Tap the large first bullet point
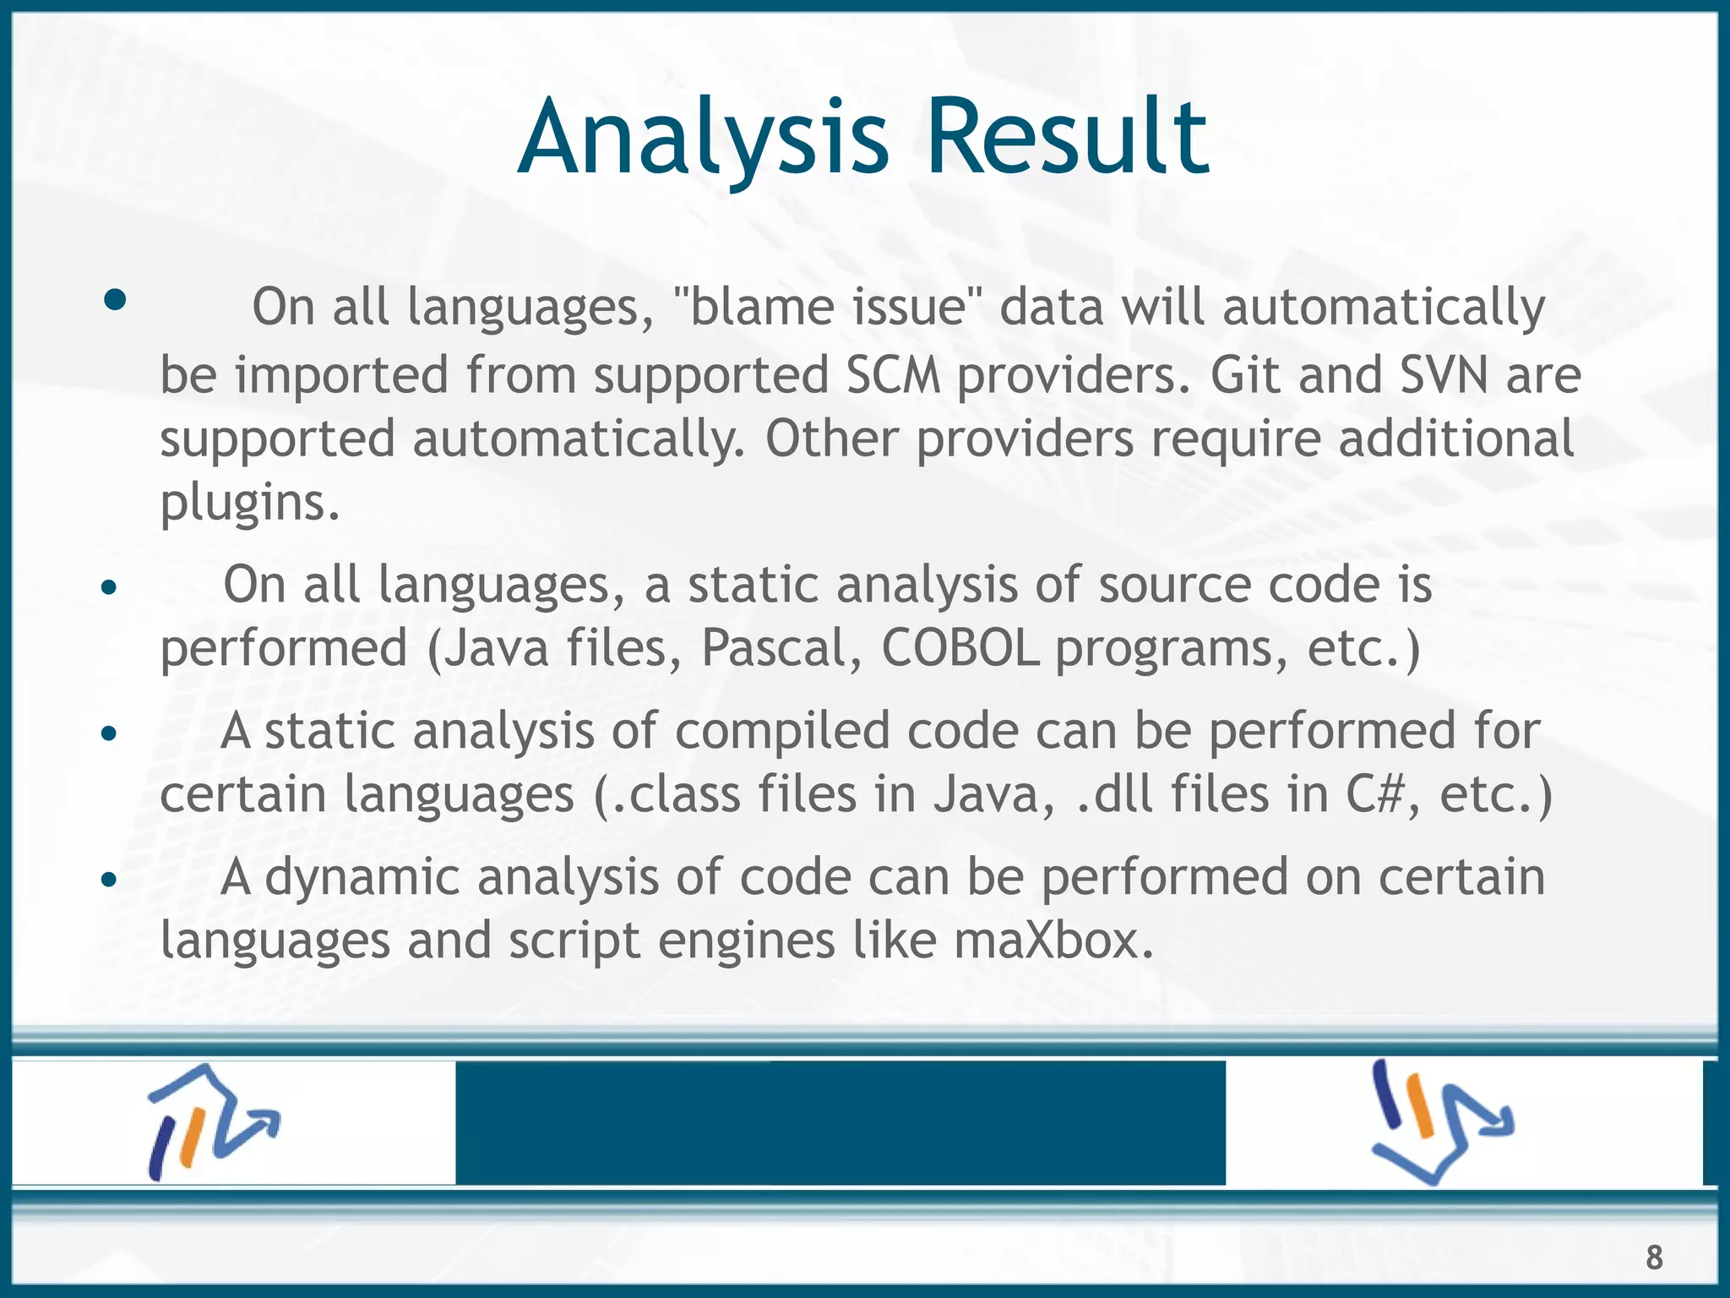[115, 300]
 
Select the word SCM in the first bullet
[893, 375]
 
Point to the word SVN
[1444, 375]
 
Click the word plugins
[249, 504]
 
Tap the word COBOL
[960, 649]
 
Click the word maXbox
[1053, 941]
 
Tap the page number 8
[1654, 1257]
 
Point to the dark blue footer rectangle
[840, 1122]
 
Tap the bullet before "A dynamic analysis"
[107, 881]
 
